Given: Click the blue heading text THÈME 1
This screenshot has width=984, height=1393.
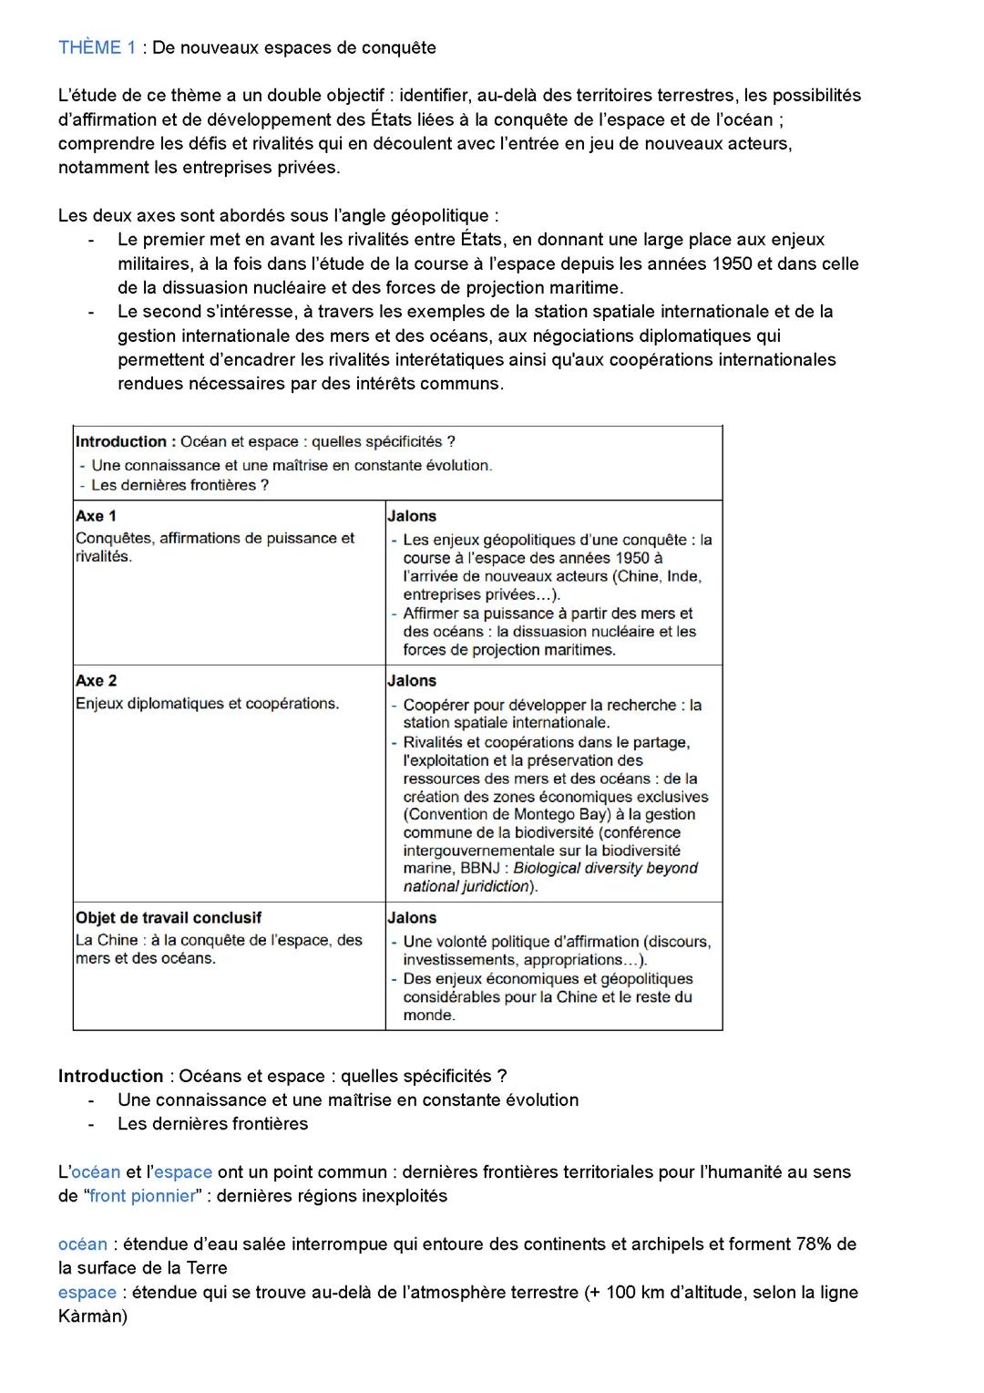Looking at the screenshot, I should pos(97,47).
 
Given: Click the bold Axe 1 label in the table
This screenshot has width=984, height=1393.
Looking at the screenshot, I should pos(96,516).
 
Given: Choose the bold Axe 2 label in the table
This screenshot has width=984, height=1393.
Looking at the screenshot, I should pos(96,681).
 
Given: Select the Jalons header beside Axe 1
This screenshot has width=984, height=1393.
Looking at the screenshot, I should pos(412,516).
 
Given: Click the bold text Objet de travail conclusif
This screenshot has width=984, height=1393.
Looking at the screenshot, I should pos(169,918).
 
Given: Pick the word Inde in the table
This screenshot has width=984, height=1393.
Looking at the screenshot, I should pos(684,576).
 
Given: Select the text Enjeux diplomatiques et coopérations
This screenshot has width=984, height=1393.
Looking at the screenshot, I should pos(207,704).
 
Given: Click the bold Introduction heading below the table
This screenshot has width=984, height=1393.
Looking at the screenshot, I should pos(110,1076).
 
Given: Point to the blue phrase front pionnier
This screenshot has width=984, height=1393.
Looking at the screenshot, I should pos(142,1196).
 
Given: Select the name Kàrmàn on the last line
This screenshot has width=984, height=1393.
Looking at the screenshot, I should pos(92,1316).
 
